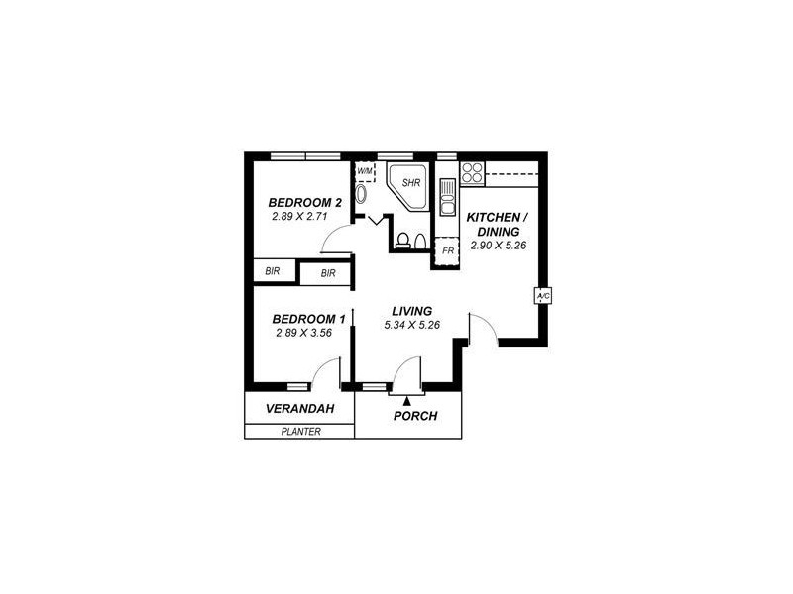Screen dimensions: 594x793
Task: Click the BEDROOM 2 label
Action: (x=306, y=203)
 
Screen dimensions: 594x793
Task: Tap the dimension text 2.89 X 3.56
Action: (x=303, y=333)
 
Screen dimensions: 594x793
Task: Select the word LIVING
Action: (x=410, y=311)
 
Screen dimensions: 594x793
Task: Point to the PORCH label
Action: (x=415, y=416)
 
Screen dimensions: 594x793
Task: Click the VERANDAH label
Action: (x=297, y=409)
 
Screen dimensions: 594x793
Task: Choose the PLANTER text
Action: (x=300, y=431)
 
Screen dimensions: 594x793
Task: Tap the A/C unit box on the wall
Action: (x=542, y=296)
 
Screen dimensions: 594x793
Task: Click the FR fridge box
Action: (x=448, y=251)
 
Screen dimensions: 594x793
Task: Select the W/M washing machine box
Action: (x=365, y=171)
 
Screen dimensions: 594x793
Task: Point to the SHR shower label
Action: (x=411, y=183)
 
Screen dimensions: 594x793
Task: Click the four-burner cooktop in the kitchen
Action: (x=471, y=173)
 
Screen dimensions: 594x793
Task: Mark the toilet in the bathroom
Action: (x=403, y=240)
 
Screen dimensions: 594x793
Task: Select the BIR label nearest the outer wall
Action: (x=271, y=270)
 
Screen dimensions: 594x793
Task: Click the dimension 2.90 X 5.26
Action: (x=498, y=246)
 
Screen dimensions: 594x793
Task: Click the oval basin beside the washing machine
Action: (x=360, y=194)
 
